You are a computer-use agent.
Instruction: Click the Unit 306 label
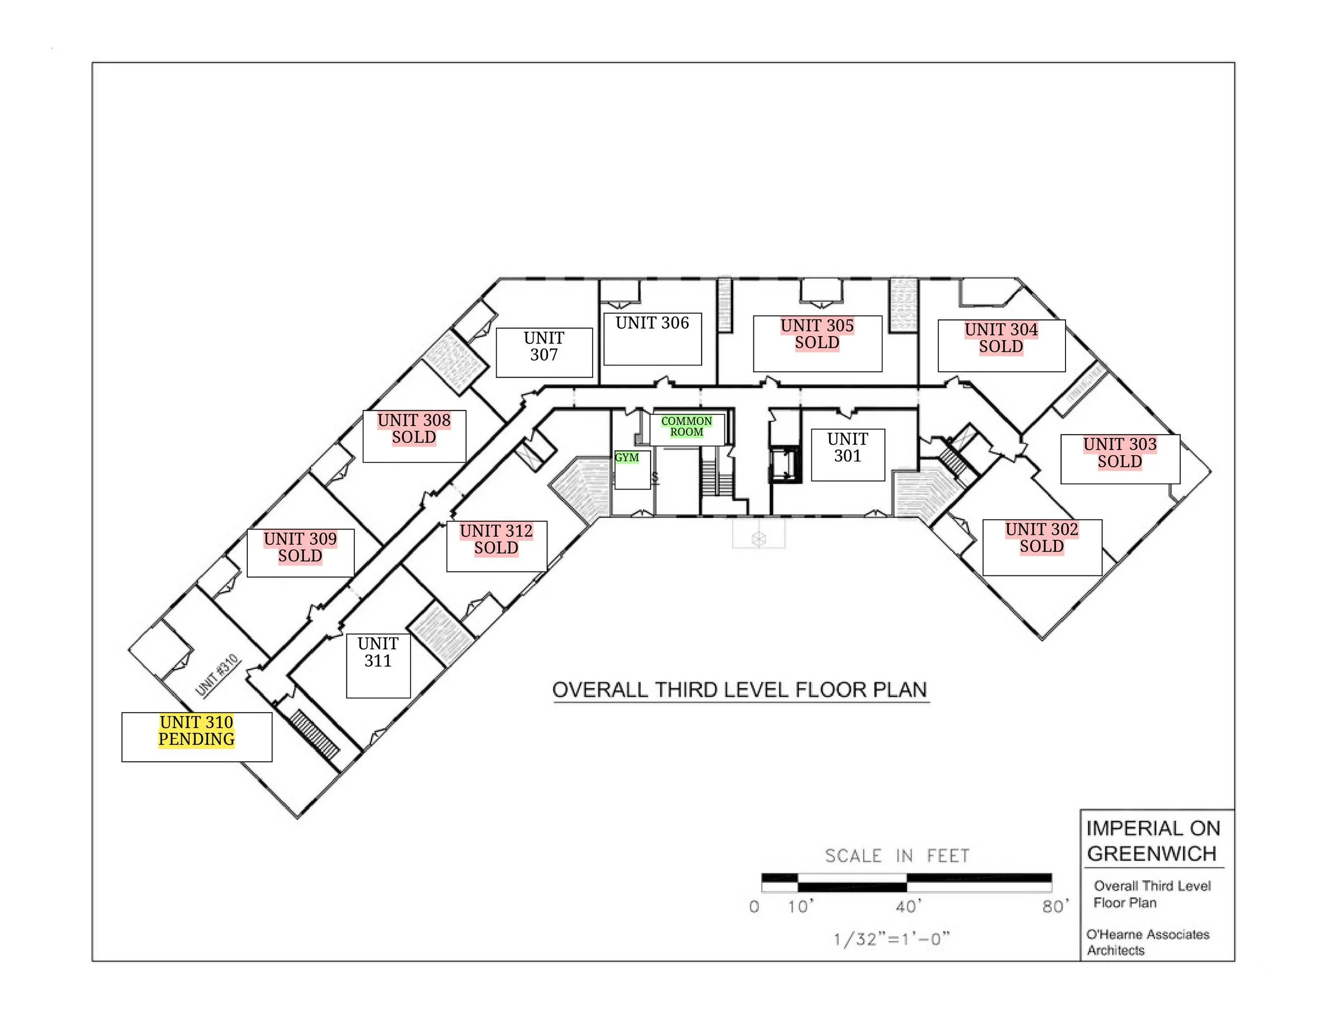(x=652, y=323)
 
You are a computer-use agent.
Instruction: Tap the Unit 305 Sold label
(x=817, y=334)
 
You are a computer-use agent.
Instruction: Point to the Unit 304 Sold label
(x=1001, y=339)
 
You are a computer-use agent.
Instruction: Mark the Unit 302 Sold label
(x=1042, y=539)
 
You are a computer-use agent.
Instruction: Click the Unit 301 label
(x=847, y=448)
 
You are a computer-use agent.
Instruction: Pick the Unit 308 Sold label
(x=414, y=429)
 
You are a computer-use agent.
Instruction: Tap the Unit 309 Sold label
(x=300, y=547)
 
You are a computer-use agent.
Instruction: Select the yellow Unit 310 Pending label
(x=197, y=731)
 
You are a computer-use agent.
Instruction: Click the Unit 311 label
(x=378, y=652)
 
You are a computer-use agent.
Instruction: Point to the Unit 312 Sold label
(x=496, y=540)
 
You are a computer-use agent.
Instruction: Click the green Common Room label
(x=687, y=427)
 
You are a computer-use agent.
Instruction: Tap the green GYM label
(x=627, y=458)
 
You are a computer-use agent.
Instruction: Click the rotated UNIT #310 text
(x=217, y=676)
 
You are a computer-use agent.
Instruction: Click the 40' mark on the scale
(x=908, y=907)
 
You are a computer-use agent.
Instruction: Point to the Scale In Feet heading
(x=897, y=856)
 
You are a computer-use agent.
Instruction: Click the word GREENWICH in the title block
(x=1151, y=854)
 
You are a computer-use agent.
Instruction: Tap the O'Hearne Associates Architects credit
(x=1147, y=943)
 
